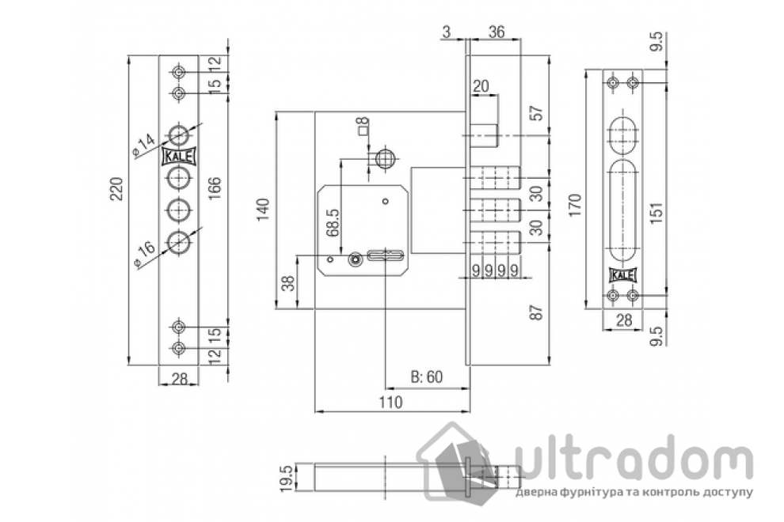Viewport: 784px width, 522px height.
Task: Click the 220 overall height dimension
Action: click(115, 189)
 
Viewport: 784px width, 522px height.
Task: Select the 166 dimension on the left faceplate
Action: click(215, 190)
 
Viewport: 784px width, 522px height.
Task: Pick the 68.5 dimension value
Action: click(333, 224)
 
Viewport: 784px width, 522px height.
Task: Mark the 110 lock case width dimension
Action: click(390, 403)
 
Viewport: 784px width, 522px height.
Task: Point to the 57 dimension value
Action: click(536, 113)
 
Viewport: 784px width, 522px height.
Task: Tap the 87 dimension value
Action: click(536, 313)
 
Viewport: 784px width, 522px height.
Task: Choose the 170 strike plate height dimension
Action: click(574, 204)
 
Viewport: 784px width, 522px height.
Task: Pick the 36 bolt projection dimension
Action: click(497, 32)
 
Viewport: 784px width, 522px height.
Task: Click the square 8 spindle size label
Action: click(363, 126)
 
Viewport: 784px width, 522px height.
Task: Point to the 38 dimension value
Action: click(291, 283)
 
